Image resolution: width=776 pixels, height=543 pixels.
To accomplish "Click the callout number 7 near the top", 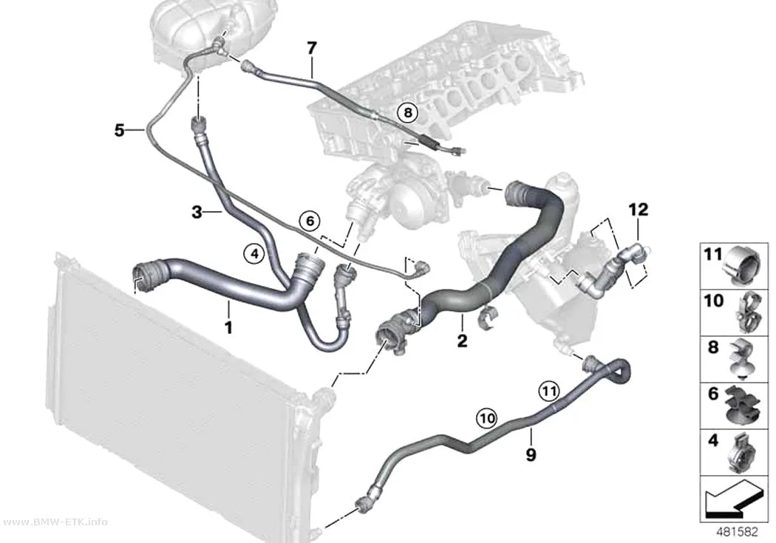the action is coord(311,49).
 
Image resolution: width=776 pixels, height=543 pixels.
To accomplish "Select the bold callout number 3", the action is coord(197,213).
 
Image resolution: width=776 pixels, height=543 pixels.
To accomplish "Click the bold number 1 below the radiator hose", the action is coord(228,327).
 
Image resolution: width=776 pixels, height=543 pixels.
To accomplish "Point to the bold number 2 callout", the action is coord(462,341).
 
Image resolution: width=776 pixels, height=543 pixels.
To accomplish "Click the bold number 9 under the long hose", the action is coord(531,454).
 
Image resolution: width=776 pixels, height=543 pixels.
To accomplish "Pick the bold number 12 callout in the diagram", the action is coord(639,210).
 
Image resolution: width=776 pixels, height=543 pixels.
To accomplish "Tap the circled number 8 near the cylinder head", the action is coord(407,113).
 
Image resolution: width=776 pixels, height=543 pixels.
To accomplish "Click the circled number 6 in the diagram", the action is coord(310,221).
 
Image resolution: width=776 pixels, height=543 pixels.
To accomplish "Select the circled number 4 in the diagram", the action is coord(254,254).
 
